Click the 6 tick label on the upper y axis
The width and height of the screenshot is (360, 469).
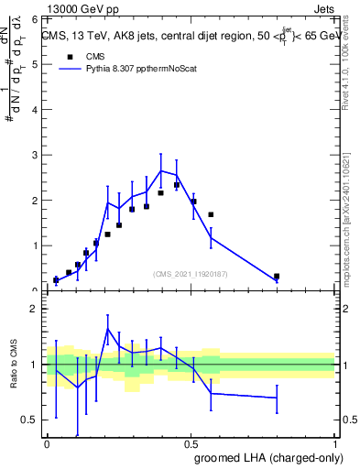coord(34,19)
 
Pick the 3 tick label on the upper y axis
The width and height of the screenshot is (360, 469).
coord(34,155)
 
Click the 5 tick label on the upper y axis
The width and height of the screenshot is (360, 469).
coord(34,64)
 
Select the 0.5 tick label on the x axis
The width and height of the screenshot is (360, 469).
coord(191,444)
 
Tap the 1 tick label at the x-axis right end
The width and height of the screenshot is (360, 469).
coord(334,444)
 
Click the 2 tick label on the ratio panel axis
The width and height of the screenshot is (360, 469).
coord(34,310)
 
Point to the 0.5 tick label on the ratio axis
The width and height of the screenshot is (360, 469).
coord(29,420)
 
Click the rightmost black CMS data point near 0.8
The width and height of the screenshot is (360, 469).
coord(277,276)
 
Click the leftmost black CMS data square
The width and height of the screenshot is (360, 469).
coord(56,280)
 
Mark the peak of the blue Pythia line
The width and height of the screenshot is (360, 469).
coord(161,170)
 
